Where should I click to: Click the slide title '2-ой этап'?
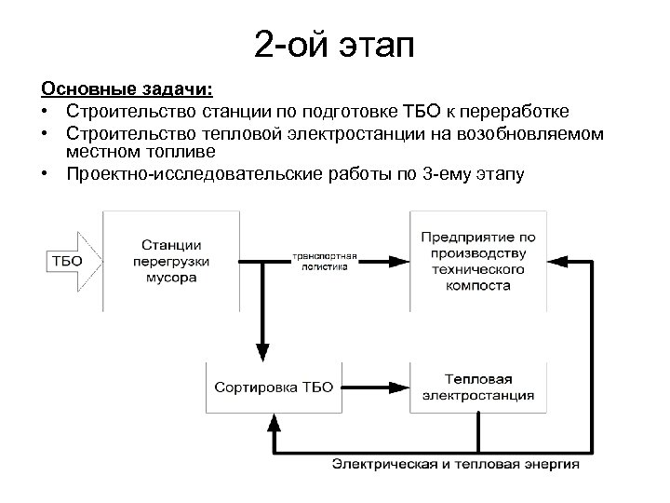point(334,43)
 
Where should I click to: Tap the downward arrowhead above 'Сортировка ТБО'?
point(263,354)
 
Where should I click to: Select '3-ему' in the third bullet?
point(449,173)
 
